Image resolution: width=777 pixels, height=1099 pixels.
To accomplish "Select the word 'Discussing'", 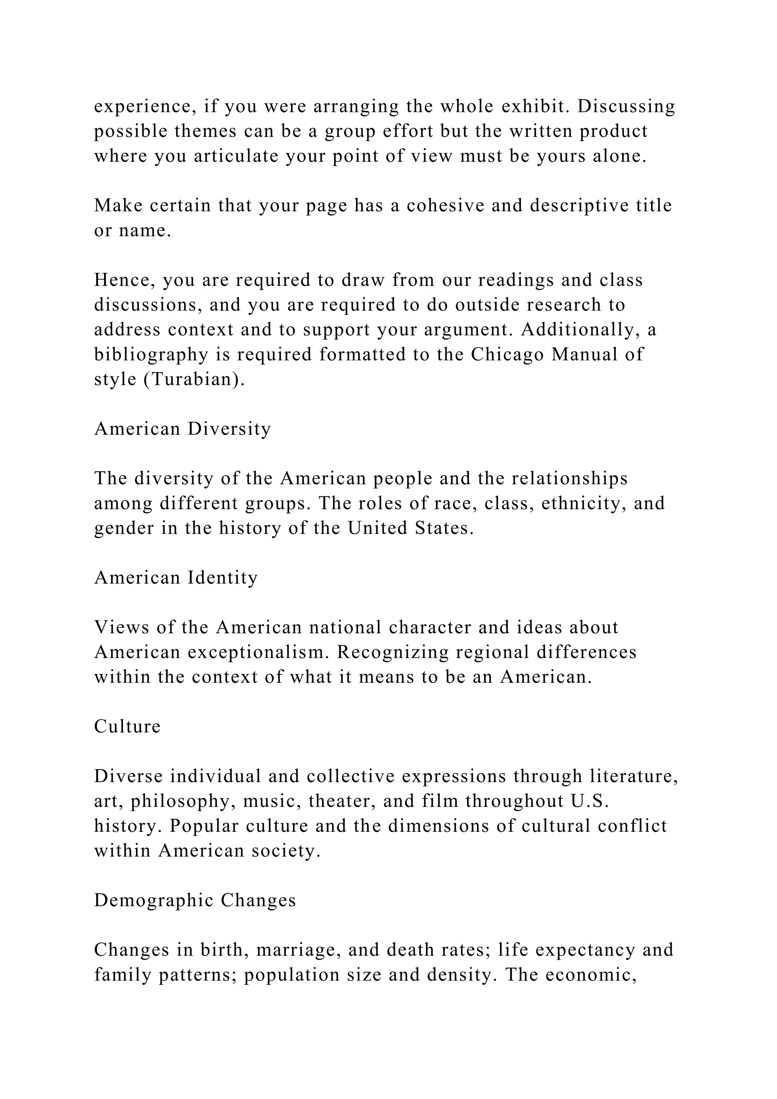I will (626, 106).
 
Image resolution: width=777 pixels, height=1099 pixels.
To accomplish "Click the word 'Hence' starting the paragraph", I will (124, 280).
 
